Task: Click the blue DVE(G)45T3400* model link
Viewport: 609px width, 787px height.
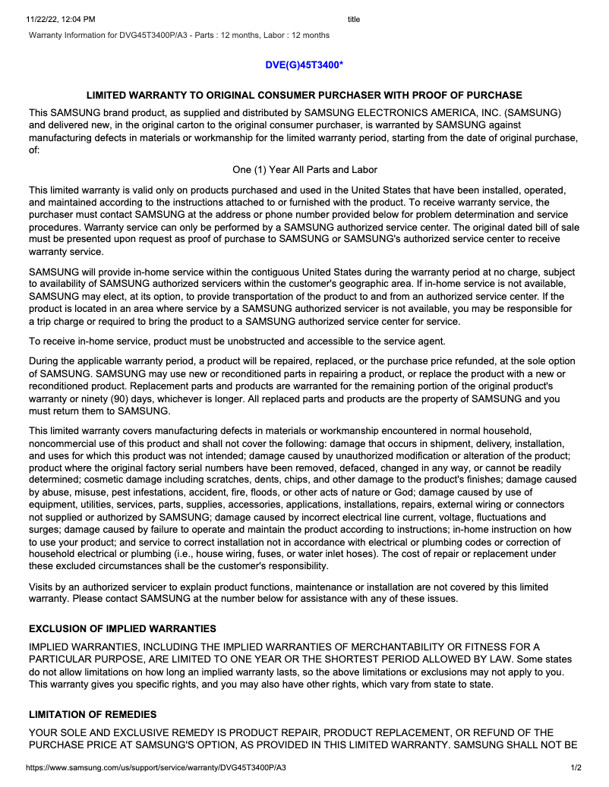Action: coord(304,65)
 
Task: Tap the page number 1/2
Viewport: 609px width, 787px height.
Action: coord(576,768)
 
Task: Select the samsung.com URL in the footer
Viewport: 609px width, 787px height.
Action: coord(156,768)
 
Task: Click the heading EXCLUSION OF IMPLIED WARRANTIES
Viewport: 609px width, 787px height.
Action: coord(122,629)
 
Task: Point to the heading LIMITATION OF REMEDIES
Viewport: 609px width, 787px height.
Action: coord(93,715)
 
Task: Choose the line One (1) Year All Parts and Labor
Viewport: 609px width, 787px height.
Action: coord(304,170)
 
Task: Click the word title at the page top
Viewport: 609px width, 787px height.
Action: coord(354,20)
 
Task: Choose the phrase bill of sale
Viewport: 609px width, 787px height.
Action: coord(553,227)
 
